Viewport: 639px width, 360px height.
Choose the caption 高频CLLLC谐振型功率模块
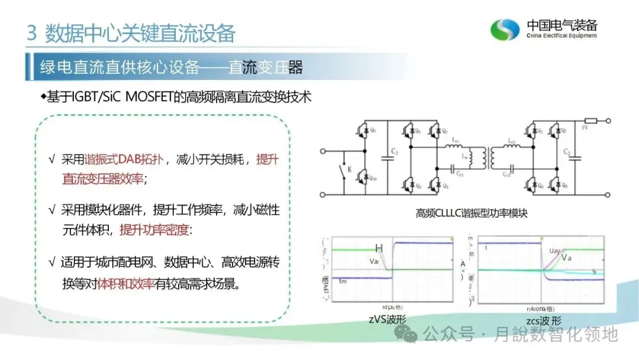[464, 213]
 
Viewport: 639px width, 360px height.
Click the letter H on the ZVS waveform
[379, 249]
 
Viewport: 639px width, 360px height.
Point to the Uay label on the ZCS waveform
[554, 251]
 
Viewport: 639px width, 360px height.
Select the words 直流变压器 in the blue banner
[266, 67]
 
